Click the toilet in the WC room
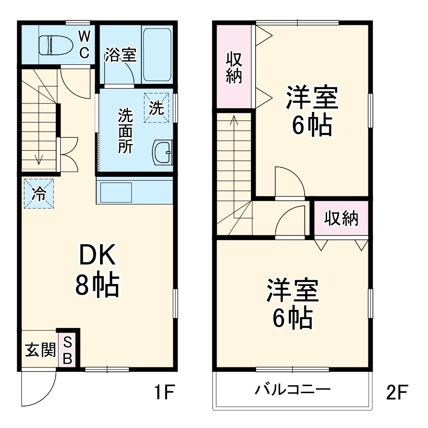tap(52, 44)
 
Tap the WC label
tap(83, 44)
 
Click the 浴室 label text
tap(120, 55)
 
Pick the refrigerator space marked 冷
tap(39, 194)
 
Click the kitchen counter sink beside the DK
tap(117, 190)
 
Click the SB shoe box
tap(68, 350)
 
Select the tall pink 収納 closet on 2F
tap(234, 67)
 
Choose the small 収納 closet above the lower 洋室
tap(341, 218)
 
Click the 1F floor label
tap(165, 393)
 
